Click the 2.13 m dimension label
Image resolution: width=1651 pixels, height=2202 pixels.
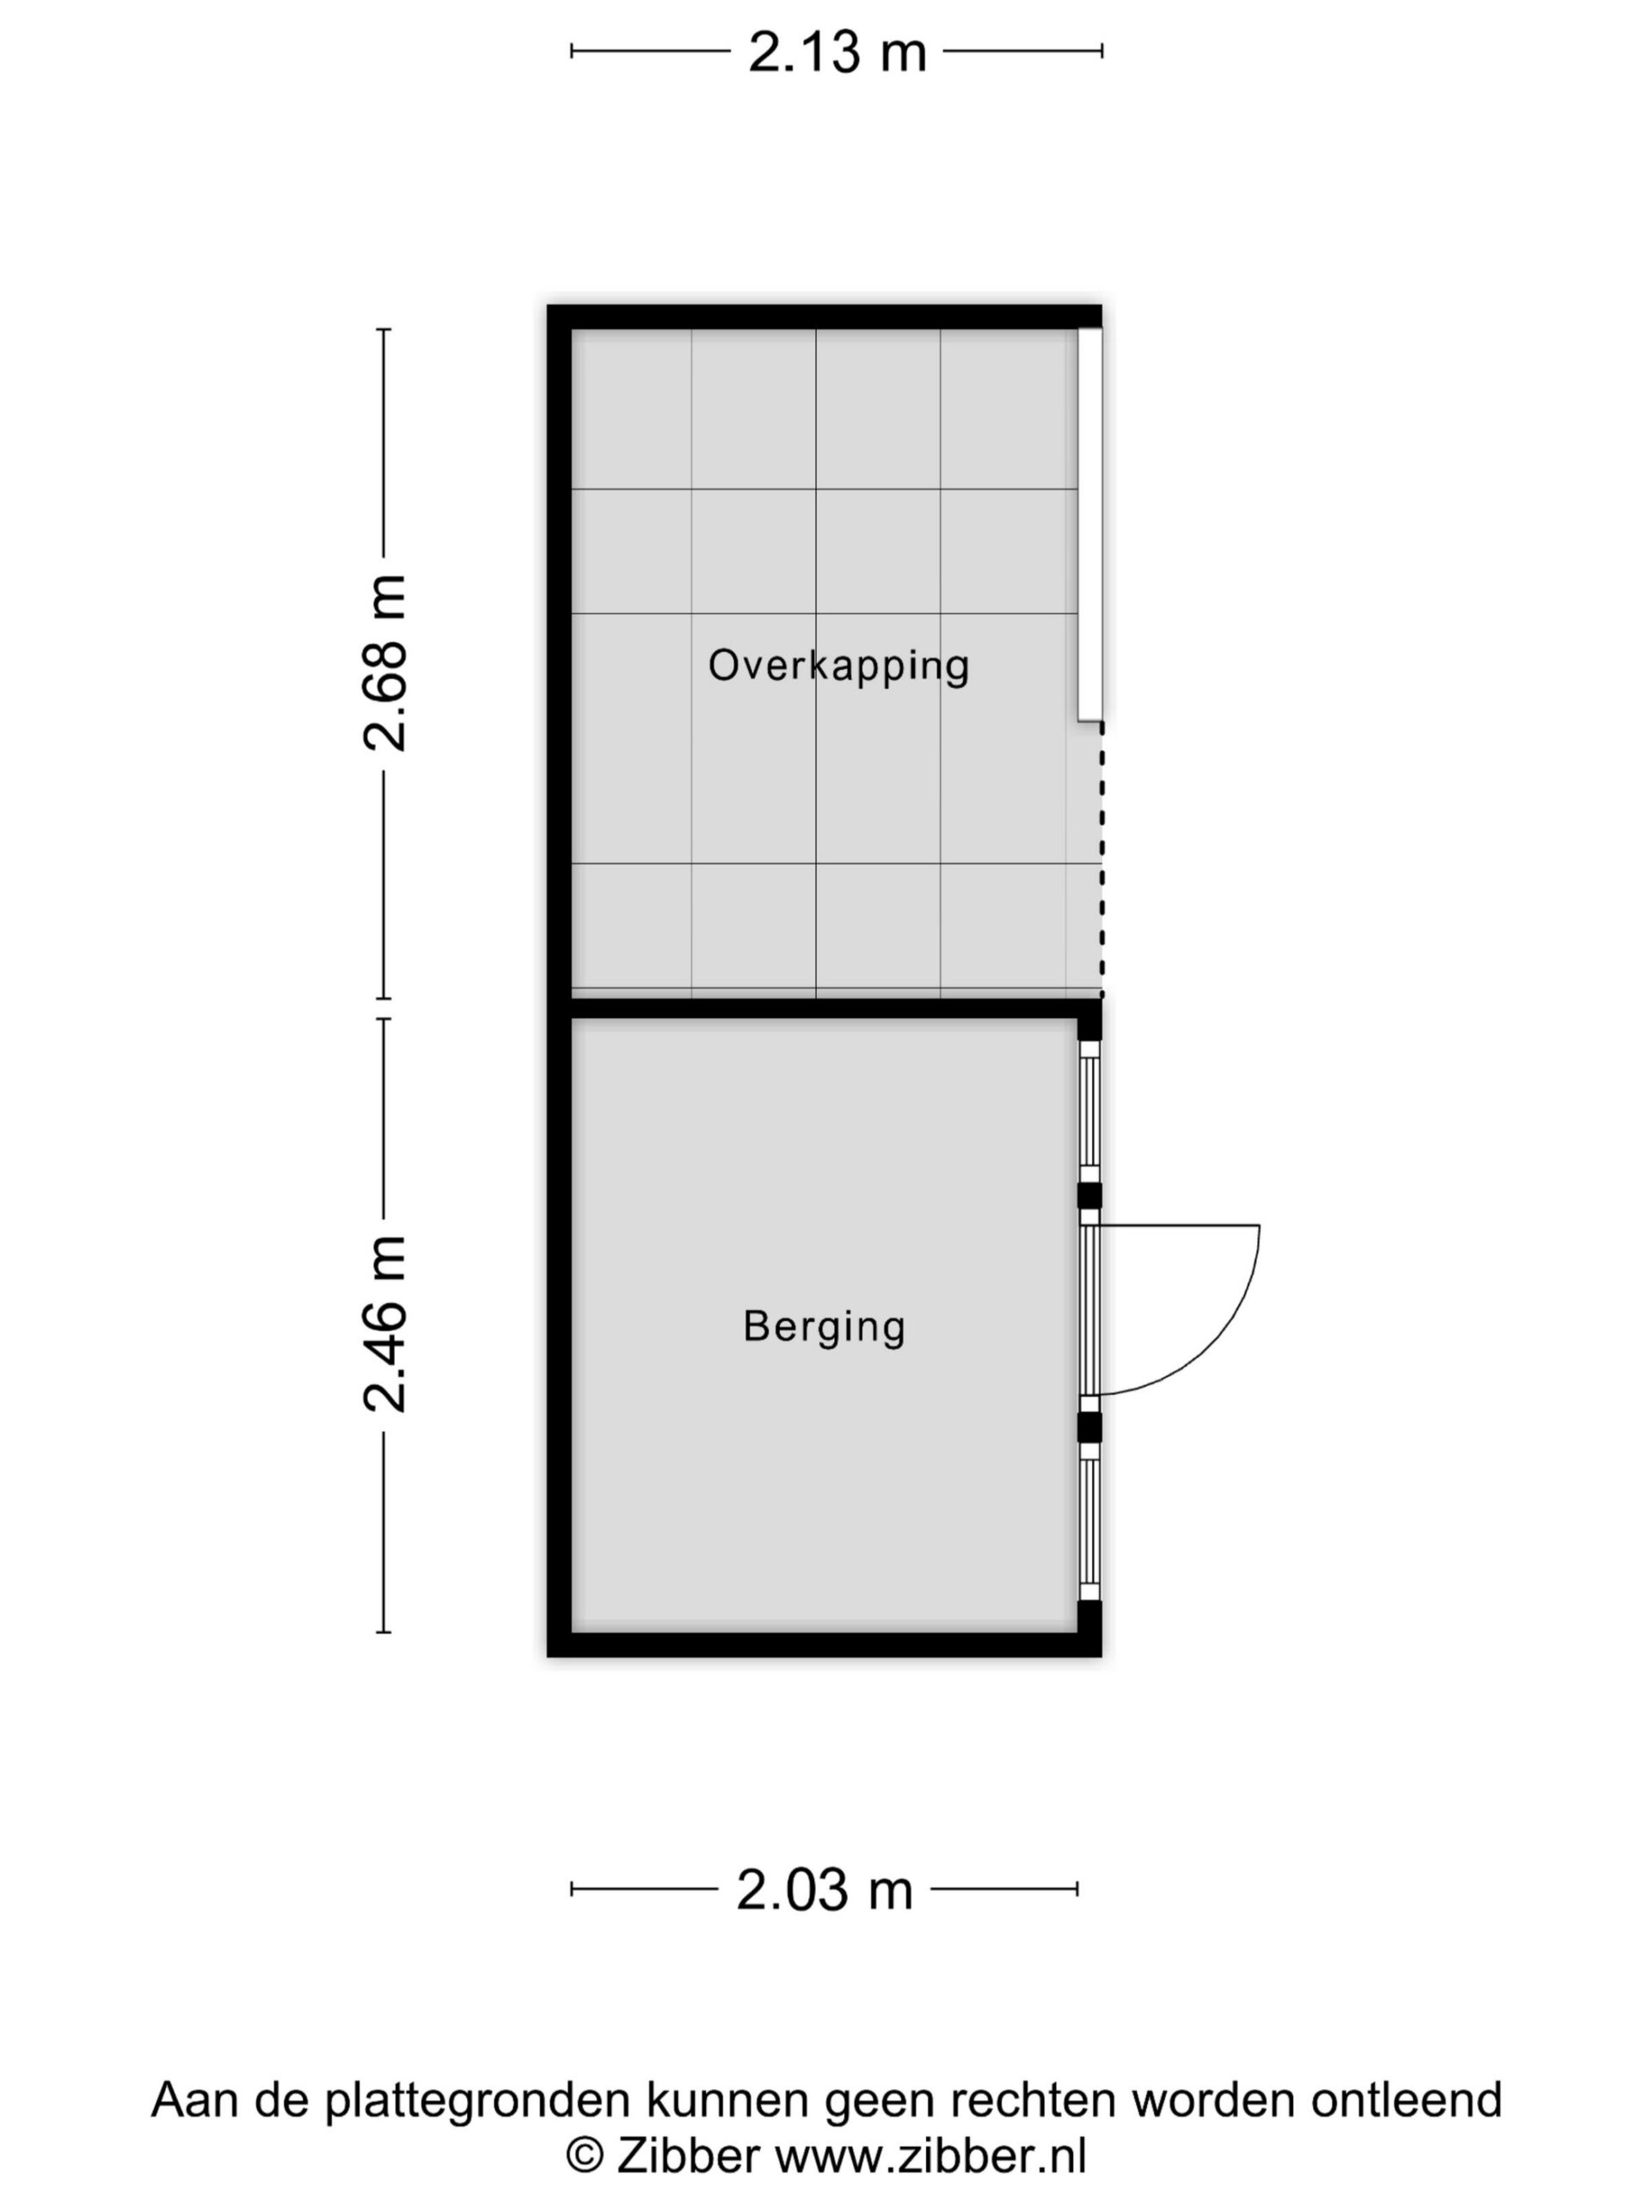coord(837,52)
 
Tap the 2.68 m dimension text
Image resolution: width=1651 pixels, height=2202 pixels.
coord(384,663)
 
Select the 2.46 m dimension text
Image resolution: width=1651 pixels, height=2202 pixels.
coord(384,1324)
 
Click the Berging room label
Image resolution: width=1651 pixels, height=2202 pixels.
coord(824,1327)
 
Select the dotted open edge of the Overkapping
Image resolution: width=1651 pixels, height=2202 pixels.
coord(1101,859)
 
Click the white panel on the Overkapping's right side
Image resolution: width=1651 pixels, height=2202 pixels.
coord(1089,524)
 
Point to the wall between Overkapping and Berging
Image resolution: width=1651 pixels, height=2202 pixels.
coord(824,1007)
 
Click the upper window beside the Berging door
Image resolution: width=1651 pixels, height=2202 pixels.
coord(1089,1111)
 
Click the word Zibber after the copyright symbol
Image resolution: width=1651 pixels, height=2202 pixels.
coord(688,2156)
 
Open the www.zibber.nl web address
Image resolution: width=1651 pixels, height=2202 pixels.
coord(930,2156)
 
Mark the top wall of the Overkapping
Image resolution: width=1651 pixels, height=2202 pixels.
coord(824,317)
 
